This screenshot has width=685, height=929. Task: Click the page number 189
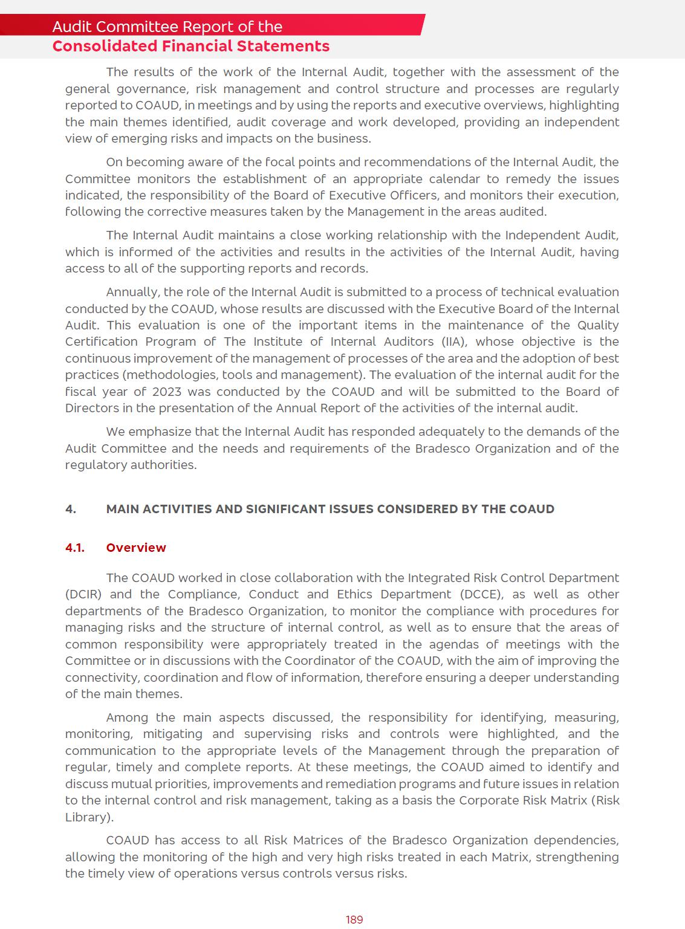click(354, 919)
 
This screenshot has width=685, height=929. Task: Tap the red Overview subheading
click(136, 548)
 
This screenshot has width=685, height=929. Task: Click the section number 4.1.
click(75, 548)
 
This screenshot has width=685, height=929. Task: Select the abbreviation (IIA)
click(454, 341)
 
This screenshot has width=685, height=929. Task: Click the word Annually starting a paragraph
click(132, 292)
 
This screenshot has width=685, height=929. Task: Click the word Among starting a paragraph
click(126, 717)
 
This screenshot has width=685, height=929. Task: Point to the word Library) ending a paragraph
click(89, 817)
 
